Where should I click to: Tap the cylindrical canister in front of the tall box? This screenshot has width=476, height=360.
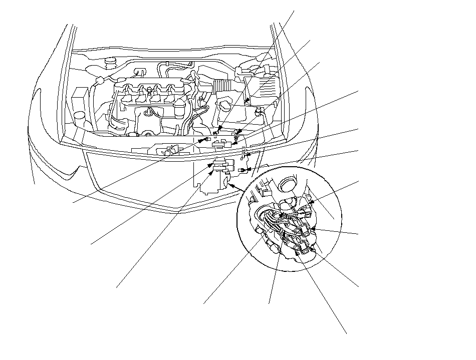pos(79,116)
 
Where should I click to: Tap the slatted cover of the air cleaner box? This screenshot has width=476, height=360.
pos(266,90)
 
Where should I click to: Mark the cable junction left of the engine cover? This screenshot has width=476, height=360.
pos(101,79)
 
